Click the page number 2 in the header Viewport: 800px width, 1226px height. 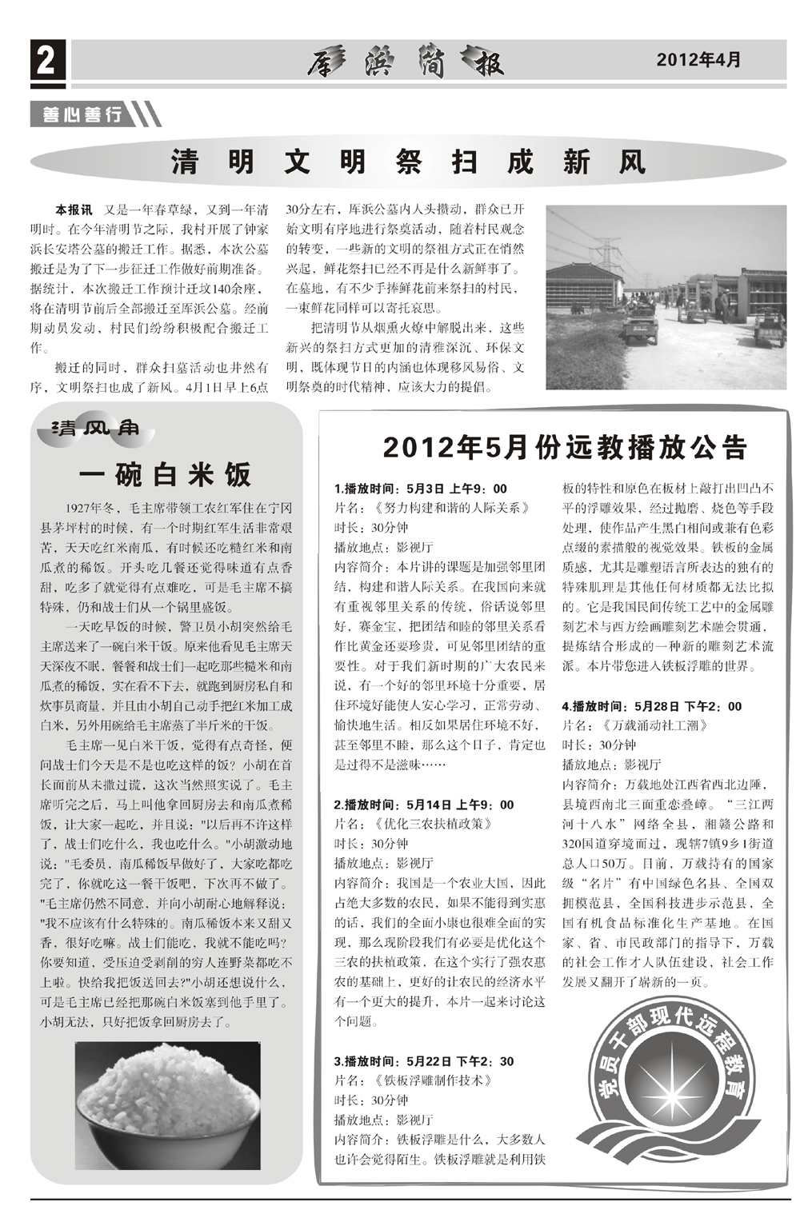click(x=47, y=61)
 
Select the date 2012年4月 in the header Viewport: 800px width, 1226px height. click(x=698, y=60)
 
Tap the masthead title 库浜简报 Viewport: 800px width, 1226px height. click(x=404, y=62)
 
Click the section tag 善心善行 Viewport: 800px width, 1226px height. click(x=78, y=115)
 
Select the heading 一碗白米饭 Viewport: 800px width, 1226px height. click(x=165, y=474)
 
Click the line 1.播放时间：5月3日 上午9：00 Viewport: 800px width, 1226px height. click(x=420, y=489)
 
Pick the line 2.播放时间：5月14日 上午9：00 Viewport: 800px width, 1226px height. click(x=423, y=805)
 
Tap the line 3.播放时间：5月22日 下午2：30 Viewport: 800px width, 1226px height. click(x=423, y=1061)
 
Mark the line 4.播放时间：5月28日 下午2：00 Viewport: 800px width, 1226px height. click(x=651, y=706)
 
